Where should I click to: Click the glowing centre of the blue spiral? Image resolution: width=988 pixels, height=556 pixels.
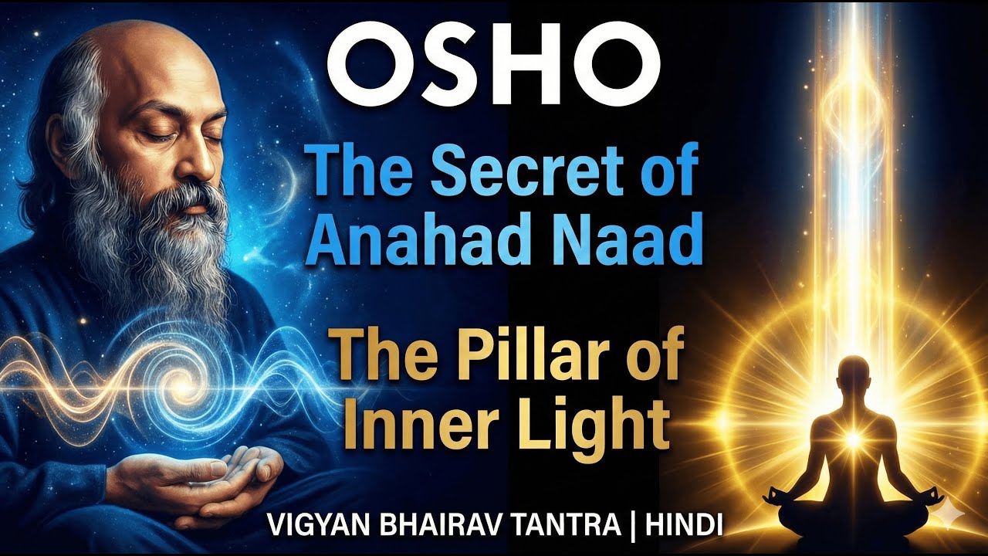(183, 380)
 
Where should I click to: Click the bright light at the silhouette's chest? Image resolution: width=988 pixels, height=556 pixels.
(854, 439)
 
